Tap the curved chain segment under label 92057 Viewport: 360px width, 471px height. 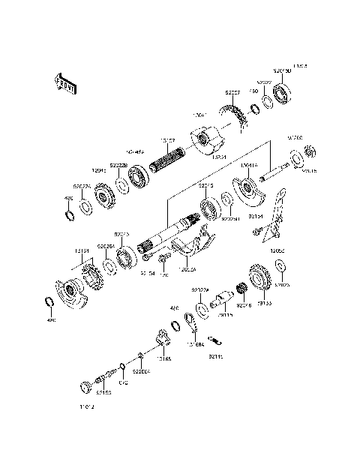pos(241,119)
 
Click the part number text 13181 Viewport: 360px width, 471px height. pos(82,251)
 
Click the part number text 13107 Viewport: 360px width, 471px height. pos(167,139)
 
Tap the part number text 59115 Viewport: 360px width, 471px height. pos(225,316)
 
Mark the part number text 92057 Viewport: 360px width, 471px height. pos(232,92)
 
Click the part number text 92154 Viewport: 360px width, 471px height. pos(255,216)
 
